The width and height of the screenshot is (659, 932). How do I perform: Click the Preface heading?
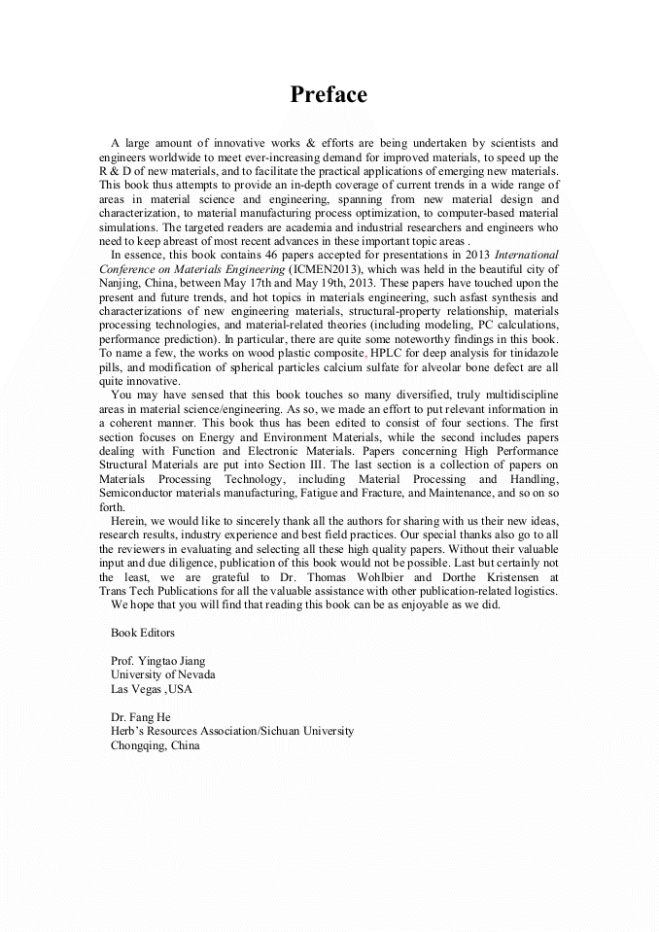329,95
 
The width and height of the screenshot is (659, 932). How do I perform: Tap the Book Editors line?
143,632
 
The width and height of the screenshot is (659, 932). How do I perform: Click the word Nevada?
195,674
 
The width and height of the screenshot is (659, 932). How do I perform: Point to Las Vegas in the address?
135,689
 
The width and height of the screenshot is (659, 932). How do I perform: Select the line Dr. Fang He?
141,717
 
